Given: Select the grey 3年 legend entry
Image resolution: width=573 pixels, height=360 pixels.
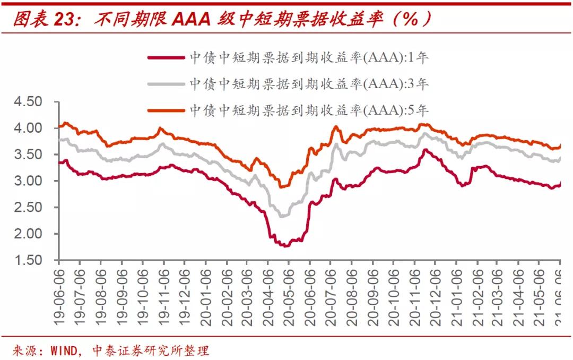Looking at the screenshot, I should point(308,84).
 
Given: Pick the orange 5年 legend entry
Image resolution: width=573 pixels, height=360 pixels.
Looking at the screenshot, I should point(308,110).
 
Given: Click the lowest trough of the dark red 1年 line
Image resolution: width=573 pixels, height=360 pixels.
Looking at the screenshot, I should point(285,245).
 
